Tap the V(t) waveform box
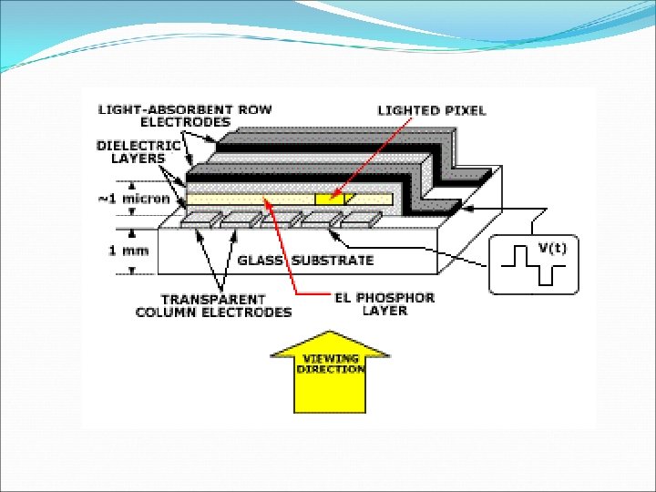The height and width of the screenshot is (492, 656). coord(533,264)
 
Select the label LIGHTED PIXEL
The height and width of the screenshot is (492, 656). coord(432,110)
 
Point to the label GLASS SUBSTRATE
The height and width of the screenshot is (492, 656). coord(305,261)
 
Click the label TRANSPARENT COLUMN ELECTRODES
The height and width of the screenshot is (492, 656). coord(213,305)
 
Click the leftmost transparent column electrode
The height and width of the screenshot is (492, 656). coord(200,220)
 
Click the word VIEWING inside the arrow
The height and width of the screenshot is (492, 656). coord(331,359)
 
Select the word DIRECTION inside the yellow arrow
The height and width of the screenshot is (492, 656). coord(331,369)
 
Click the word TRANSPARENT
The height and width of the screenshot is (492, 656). coord(213,299)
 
